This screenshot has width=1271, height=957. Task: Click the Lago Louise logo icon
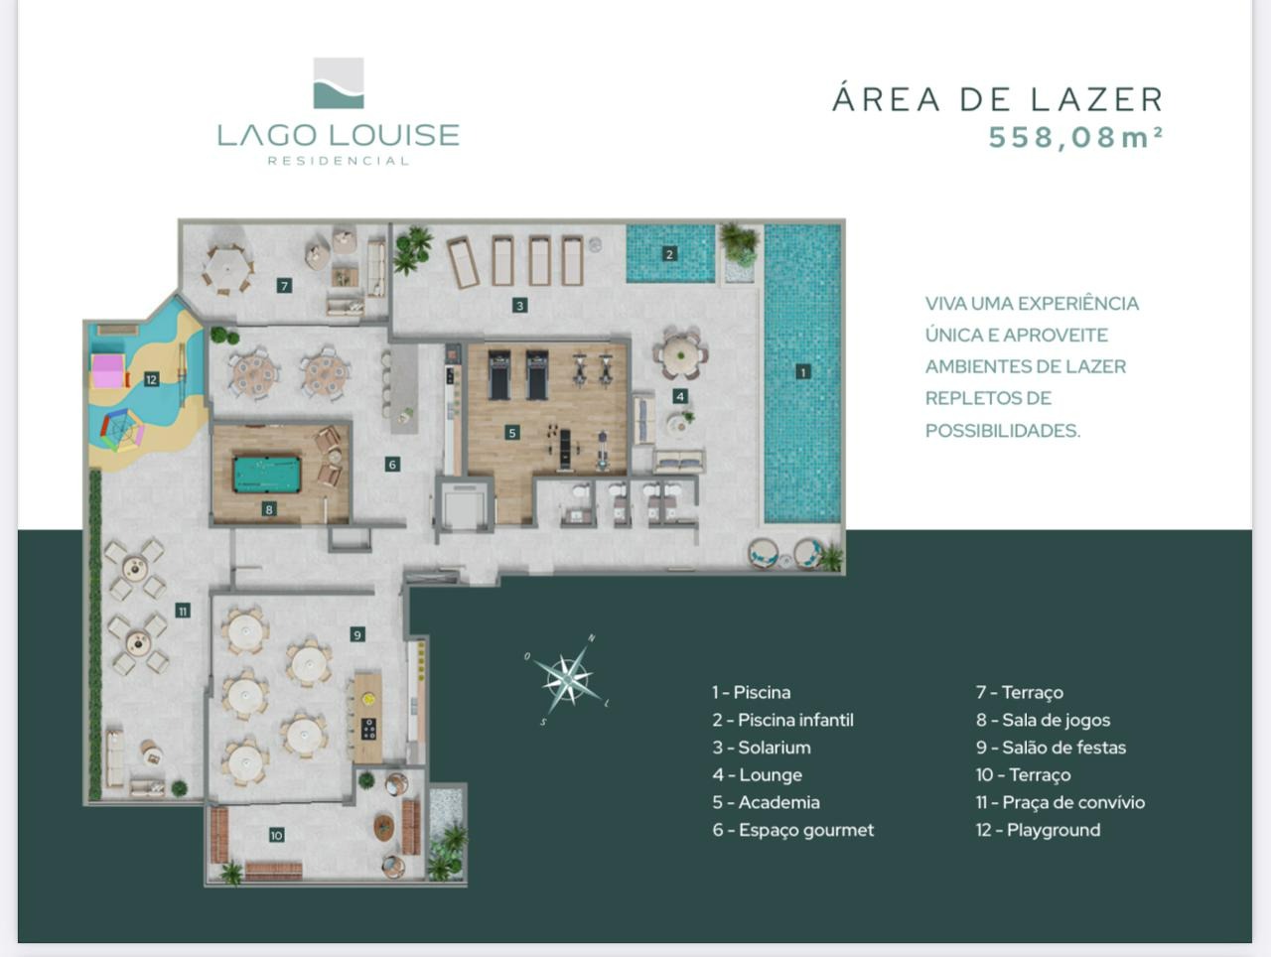click(x=339, y=82)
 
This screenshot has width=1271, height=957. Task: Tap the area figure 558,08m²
click(x=1075, y=138)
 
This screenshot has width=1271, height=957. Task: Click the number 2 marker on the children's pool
click(x=669, y=253)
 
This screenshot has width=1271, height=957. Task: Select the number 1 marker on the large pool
click(x=802, y=371)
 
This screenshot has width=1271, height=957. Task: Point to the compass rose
click(x=567, y=678)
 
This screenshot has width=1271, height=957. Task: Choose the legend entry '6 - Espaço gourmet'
click(x=792, y=830)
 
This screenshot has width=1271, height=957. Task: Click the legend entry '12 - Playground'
click(x=1038, y=830)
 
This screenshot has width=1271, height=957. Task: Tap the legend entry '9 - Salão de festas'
click(x=1051, y=748)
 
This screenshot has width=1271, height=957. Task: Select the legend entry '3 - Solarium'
click(x=761, y=748)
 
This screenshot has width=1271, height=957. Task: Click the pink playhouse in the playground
click(x=109, y=371)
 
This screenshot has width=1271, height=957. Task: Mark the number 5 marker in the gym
click(x=511, y=433)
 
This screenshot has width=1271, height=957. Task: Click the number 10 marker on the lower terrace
click(x=276, y=835)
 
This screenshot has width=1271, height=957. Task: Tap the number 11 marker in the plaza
click(x=183, y=611)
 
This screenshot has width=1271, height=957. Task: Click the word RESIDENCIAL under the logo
click(x=339, y=161)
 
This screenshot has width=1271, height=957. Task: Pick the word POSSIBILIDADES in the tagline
click(x=1002, y=431)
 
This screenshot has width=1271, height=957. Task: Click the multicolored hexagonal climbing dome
click(x=122, y=430)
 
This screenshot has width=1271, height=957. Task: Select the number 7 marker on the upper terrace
click(x=284, y=286)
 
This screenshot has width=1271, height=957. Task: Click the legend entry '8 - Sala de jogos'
click(x=1043, y=720)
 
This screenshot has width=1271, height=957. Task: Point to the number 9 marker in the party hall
click(x=357, y=634)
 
